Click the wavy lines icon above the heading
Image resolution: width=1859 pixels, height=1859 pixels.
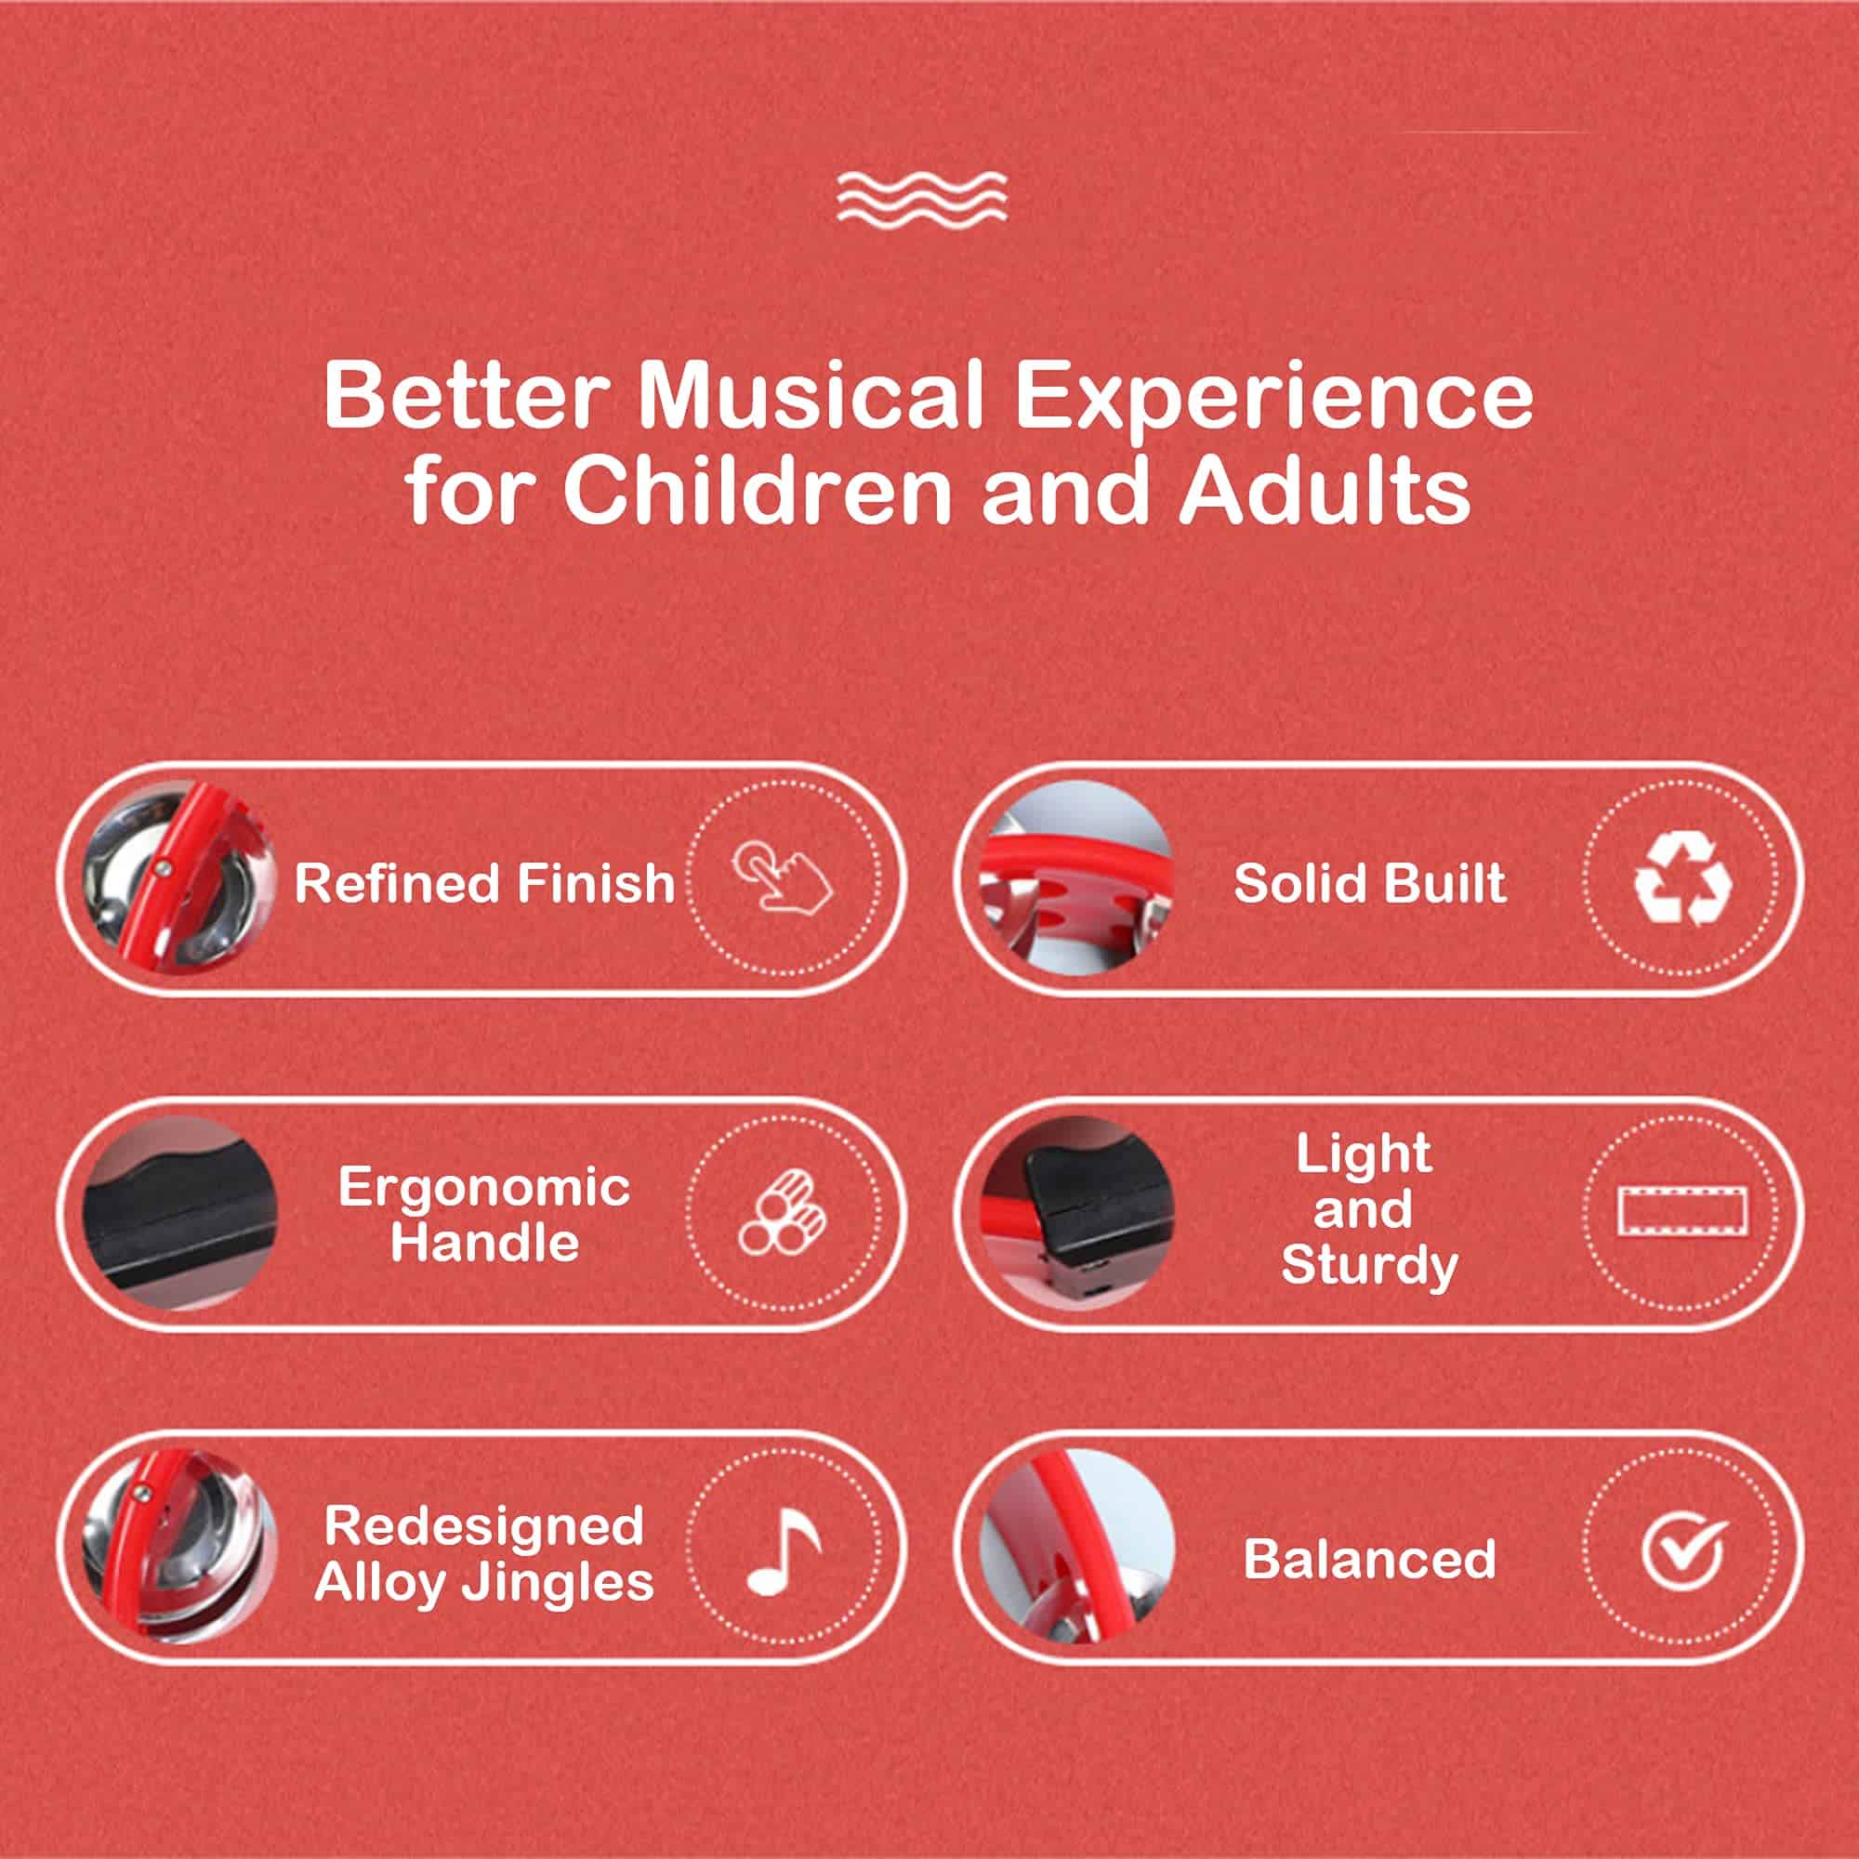pyautogui.click(x=922, y=197)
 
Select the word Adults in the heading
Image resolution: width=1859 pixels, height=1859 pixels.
pyautogui.click(x=1325, y=492)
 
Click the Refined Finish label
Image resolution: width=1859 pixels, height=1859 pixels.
pyautogui.click(x=485, y=883)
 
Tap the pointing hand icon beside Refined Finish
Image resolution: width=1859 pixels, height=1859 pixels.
pyautogui.click(x=783, y=876)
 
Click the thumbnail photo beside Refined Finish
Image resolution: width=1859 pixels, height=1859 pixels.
pyautogui.click(x=180, y=877)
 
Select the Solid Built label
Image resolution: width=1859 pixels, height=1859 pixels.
pyautogui.click(x=1370, y=883)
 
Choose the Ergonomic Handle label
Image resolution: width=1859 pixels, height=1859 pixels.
pyautogui.click(x=484, y=1215)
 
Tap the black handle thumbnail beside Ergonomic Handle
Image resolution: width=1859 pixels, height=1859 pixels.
pyautogui.click(x=180, y=1212)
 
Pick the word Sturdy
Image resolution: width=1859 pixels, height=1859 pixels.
pyautogui.click(x=1370, y=1266)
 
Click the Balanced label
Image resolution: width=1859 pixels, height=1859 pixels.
pyautogui.click(x=1370, y=1559)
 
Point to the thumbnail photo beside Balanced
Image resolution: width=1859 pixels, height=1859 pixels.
pyautogui.click(x=1077, y=1548)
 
